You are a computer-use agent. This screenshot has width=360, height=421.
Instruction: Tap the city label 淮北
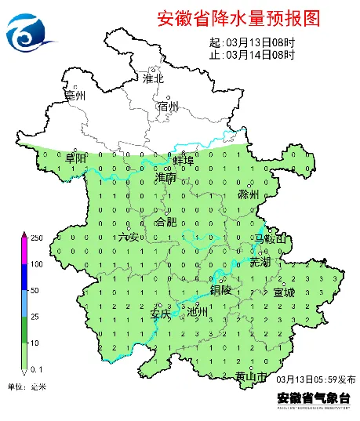[x=153, y=78]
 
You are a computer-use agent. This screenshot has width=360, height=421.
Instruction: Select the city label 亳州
[x=75, y=96]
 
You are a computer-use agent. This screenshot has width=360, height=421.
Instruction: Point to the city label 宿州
[x=169, y=106]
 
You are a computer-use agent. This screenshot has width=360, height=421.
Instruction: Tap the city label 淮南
[x=165, y=179]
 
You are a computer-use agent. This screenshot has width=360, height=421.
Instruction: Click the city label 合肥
[x=167, y=222]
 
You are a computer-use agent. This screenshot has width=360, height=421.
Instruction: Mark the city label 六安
[x=128, y=237]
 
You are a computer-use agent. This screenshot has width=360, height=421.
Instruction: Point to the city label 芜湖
[x=260, y=261]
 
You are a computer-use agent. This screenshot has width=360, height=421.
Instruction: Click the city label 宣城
[x=285, y=292]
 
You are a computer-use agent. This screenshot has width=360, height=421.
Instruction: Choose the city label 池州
[x=198, y=311]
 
